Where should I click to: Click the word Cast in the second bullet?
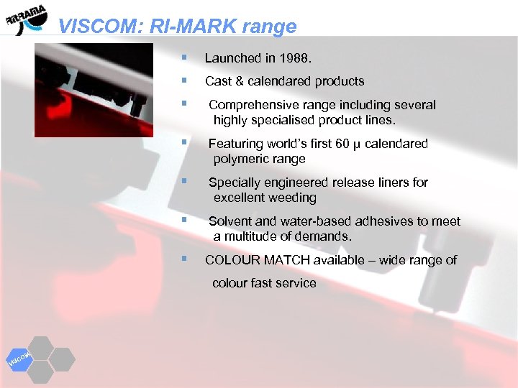click(218, 81)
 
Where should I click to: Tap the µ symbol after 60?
click(358, 144)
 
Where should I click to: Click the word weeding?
click(292, 198)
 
